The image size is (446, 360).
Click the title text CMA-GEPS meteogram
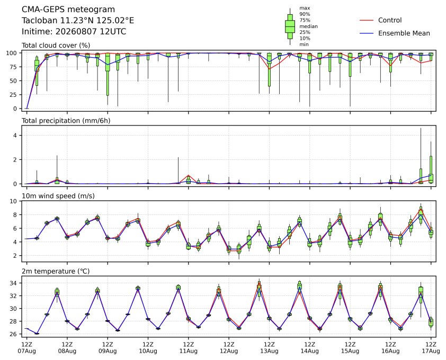pyautogui.click(x=68, y=10)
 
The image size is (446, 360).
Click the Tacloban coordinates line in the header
pyautogui.click(x=78, y=21)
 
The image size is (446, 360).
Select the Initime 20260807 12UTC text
pyautogui.click(x=74, y=31)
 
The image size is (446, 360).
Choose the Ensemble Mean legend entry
pyautogui.click(x=395, y=33)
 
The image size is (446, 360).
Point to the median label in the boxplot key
pyautogui.click(x=308, y=26)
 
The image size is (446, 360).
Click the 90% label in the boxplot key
pyautogui.click(x=305, y=14)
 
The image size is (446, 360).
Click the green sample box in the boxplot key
pyautogui.click(x=290, y=26)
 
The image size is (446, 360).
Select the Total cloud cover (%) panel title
pyautogui.click(x=56, y=46)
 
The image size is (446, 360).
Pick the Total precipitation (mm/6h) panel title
pyautogui.click(x=66, y=121)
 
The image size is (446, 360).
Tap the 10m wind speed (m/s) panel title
pyautogui.click(x=58, y=196)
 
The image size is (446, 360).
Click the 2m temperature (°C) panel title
pyautogui.click(x=56, y=271)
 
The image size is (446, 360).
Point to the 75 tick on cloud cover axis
pyautogui.click(x=14, y=67)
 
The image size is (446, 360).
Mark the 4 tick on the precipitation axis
pyautogui.click(x=16, y=136)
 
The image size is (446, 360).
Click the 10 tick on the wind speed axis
pyautogui.click(x=14, y=201)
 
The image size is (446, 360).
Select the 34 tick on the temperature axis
pyautogui.click(x=14, y=283)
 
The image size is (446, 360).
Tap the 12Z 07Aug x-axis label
pyautogui.click(x=26, y=348)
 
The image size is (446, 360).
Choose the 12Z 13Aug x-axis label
pyautogui.click(x=269, y=348)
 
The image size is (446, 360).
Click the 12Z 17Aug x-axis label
pyautogui.click(x=431, y=348)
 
